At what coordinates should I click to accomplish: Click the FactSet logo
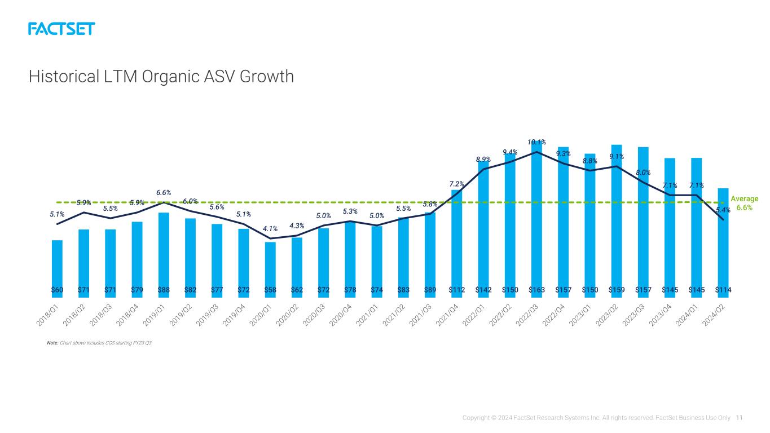coord(61,29)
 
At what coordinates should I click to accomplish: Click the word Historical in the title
coord(64,76)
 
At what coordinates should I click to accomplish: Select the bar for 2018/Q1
coord(57,269)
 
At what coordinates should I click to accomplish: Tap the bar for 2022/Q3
coord(536,219)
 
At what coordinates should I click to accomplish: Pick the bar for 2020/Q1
coord(270,269)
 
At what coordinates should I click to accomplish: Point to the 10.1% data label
coord(536,142)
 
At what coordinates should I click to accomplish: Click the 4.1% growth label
coord(270,228)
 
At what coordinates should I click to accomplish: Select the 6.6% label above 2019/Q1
coord(164,193)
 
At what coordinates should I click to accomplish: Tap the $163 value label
coord(536,290)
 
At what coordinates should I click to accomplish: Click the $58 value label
coord(270,290)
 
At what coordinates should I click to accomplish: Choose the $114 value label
coord(723,290)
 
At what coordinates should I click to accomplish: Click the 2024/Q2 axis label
coord(713,315)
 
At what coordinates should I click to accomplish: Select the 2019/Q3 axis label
coord(207,315)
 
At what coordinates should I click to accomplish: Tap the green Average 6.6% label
coord(744,203)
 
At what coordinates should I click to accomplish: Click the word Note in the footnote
coord(52,343)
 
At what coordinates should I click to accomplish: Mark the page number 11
coord(739,418)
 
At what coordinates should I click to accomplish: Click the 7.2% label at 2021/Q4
coord(456,184)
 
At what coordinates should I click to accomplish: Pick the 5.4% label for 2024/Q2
coord(723,210)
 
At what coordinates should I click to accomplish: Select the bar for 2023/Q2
coord(617,222)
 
